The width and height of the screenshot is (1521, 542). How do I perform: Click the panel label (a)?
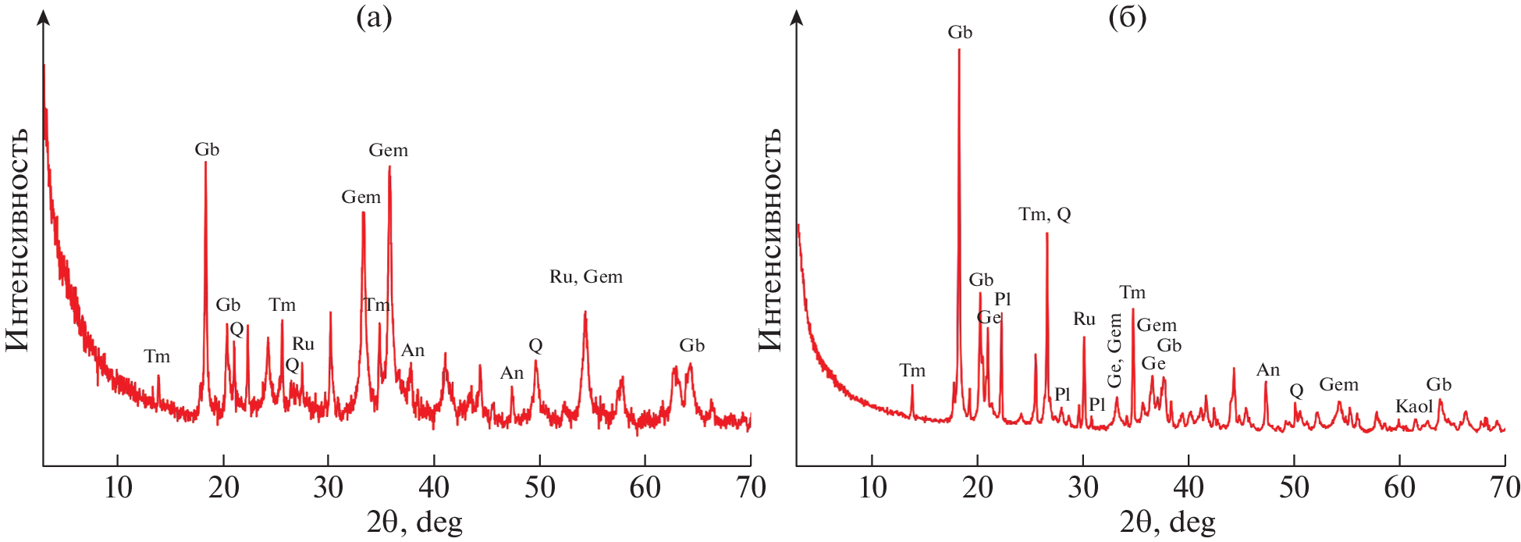[374, 17]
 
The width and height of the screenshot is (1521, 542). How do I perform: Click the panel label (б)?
[1127, 17]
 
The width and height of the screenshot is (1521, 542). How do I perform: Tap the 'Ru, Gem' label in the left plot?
[586, 276]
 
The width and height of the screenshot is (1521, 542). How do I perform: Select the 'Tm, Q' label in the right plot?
[1044, 214]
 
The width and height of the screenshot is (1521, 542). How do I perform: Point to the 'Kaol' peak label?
[1413, 406]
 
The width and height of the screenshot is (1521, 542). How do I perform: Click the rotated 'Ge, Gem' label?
[1114, 351]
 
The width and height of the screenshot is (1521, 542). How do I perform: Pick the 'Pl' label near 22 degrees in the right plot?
[1003, 299]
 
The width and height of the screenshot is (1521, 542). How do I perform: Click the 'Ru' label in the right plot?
[1084, 319]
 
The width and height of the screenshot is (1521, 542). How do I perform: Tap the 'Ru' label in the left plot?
[303, 344]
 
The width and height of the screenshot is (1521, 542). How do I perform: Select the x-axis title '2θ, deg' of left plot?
[414, 522]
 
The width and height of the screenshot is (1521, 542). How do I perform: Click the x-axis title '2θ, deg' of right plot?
[1167, 522]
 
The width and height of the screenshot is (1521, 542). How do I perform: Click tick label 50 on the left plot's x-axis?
[539, 487]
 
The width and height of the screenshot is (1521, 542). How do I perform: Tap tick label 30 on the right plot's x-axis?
[1083, 487]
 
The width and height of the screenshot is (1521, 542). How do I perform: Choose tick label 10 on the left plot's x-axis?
[118, 487]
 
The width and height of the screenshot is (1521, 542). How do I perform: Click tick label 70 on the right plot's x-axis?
[1504, 487]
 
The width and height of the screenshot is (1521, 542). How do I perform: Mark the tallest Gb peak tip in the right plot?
[959, 50]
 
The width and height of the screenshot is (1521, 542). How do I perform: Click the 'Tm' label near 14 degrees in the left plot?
[157, 357]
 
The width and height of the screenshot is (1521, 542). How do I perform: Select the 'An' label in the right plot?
[1268, 370]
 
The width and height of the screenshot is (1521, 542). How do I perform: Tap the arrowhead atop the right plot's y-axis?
[797, 16]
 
